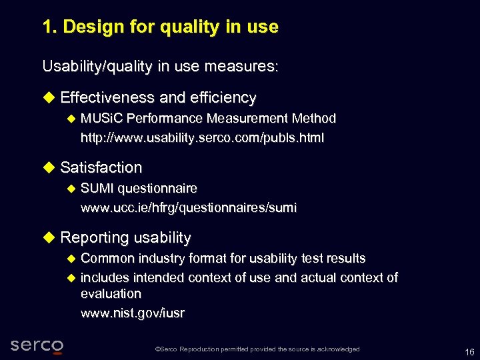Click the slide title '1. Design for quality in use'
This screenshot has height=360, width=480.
[x=160, y=27]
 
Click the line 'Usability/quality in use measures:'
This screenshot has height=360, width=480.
[x=160, y=67]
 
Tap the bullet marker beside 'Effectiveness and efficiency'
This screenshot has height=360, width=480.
[x=49, y=98]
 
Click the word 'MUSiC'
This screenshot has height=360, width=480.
[x=101, y=119]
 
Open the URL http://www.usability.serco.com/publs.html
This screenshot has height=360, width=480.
[x=202, y=138]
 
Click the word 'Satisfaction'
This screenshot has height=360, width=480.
[x=101, y=167]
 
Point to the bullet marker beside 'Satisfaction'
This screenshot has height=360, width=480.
[x=49, y=167]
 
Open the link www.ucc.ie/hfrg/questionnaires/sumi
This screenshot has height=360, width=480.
[x=189, y=208]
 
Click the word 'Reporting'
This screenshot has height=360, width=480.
[x=94, y=238]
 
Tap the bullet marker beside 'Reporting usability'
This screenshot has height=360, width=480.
[x=49, y=238]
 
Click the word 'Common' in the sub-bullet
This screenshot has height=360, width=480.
[x=107, y=258]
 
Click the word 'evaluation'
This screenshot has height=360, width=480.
[x=111, y=293]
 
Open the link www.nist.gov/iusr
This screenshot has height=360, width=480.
[x=133, y=313]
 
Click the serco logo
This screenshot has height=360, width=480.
[x=37, y=345]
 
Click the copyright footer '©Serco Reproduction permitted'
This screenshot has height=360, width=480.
[x=257, y=349]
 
